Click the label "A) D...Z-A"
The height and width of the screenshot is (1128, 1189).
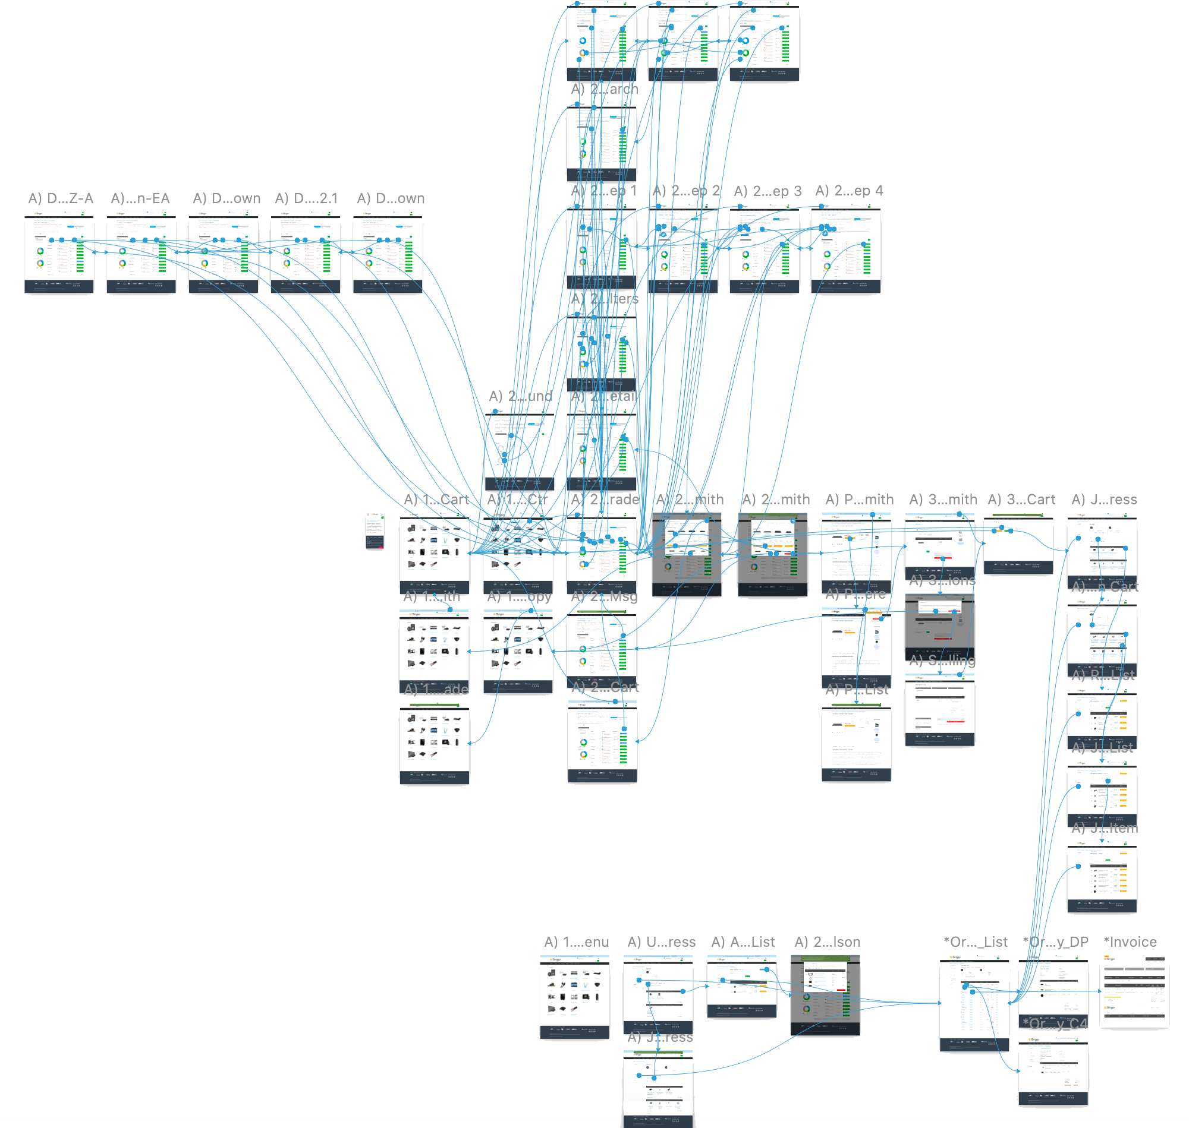(x=61, y=198)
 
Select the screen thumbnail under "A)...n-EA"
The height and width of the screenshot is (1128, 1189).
(x=141, y=252)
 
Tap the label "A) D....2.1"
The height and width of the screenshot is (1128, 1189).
(x=306, y=198)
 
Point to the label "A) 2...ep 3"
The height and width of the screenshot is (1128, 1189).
(x=767, y=191)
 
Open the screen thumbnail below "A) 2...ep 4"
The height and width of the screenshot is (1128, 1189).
(x=846, y=249)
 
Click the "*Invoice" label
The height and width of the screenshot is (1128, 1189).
(x=1130, y=942)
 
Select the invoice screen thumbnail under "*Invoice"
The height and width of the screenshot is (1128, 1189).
(x=1134, y=992)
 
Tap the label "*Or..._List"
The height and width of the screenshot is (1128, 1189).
(x=976, y=942)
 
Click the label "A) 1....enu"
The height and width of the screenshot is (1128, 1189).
(x=577, y=942)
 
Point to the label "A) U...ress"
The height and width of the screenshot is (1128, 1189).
(x=661, y=942)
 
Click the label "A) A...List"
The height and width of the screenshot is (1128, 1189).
(x=743, y=942)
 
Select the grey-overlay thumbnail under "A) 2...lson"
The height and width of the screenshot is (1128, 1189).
(x=825, y=995)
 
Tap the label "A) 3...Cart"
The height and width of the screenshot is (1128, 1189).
(x=1022, y=500)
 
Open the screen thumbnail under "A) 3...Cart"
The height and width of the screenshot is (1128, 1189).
(x=1018, y=544)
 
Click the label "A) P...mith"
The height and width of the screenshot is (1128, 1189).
(x=859, y=500)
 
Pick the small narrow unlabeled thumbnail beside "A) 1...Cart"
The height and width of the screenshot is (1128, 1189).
(x=375, y=530)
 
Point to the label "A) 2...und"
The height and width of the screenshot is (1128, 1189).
(x=520, y=396)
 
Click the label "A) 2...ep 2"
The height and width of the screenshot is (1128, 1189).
(x=686, y=191)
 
